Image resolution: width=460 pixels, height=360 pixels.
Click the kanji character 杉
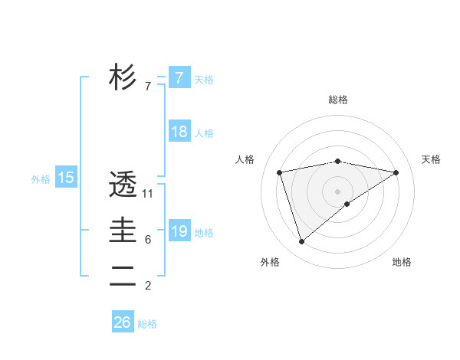123,77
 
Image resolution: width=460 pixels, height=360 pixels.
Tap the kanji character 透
123,185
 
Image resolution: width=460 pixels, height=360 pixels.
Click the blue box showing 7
179,78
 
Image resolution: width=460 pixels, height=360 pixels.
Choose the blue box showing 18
179,132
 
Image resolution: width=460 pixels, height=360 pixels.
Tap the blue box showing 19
179,231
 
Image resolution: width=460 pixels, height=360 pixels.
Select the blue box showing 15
66,178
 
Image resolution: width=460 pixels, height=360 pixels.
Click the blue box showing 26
122,322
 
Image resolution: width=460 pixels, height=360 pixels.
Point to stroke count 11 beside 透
148,194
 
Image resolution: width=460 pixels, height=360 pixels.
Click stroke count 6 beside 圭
148,240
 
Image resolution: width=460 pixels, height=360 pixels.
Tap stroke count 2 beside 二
148,286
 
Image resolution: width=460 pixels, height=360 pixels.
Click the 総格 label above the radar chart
338,100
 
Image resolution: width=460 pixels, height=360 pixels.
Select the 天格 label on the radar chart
432,159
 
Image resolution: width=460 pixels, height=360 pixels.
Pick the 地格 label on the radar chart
402,262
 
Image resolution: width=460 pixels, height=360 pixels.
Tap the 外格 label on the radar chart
269,262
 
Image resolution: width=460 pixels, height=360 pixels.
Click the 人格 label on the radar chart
244,159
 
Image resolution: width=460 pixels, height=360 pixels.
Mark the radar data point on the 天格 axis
396,172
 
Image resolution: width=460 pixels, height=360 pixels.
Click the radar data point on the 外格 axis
301,241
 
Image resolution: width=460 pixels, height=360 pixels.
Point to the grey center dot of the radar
338,191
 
